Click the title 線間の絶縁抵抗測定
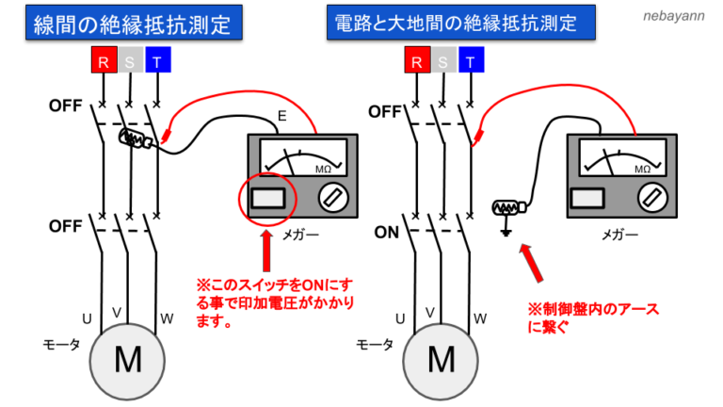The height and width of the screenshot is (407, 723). (131, 22)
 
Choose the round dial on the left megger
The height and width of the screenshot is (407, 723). (332, 197)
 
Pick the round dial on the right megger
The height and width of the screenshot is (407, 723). (651, 197)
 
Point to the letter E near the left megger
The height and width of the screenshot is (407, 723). (281, 117)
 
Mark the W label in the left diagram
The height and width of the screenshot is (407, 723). (166, 318)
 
